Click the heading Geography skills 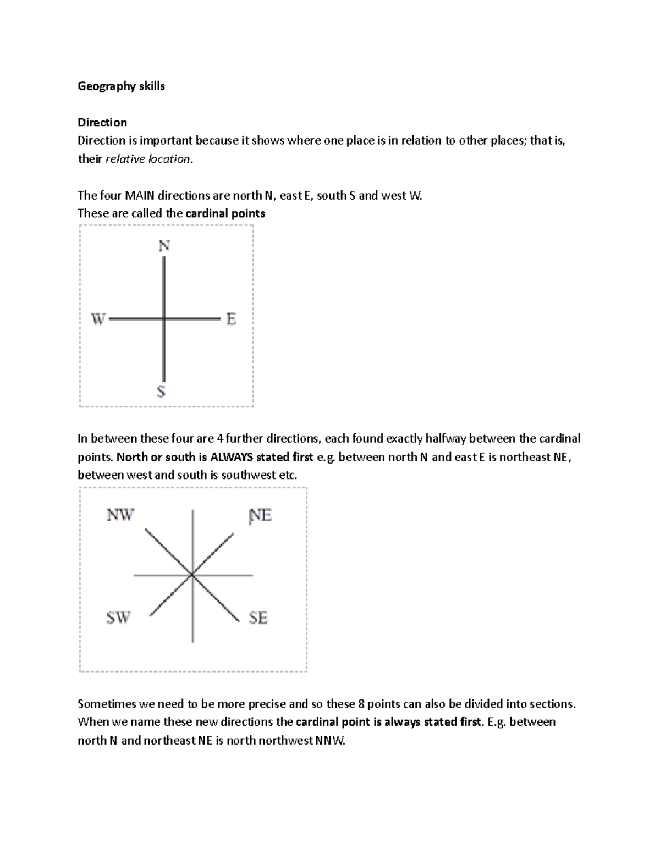(x=121, y=86)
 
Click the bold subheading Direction (x=102, y=122)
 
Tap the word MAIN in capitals (x=140, y=195)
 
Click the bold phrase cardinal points (x=226, y=213)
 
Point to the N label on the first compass (x=164, y=246)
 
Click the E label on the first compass (x=231, y=318)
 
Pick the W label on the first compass (x=98, y=318)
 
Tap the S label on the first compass (x=161, y=392)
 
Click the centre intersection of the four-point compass (x=164, y=318)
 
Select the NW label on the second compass (x=120, y=515)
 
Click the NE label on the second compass (x=260, y=515)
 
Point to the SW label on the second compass (x=118, y=618)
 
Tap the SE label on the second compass (x=258, y=618)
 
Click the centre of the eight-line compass (x=192, y=575)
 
